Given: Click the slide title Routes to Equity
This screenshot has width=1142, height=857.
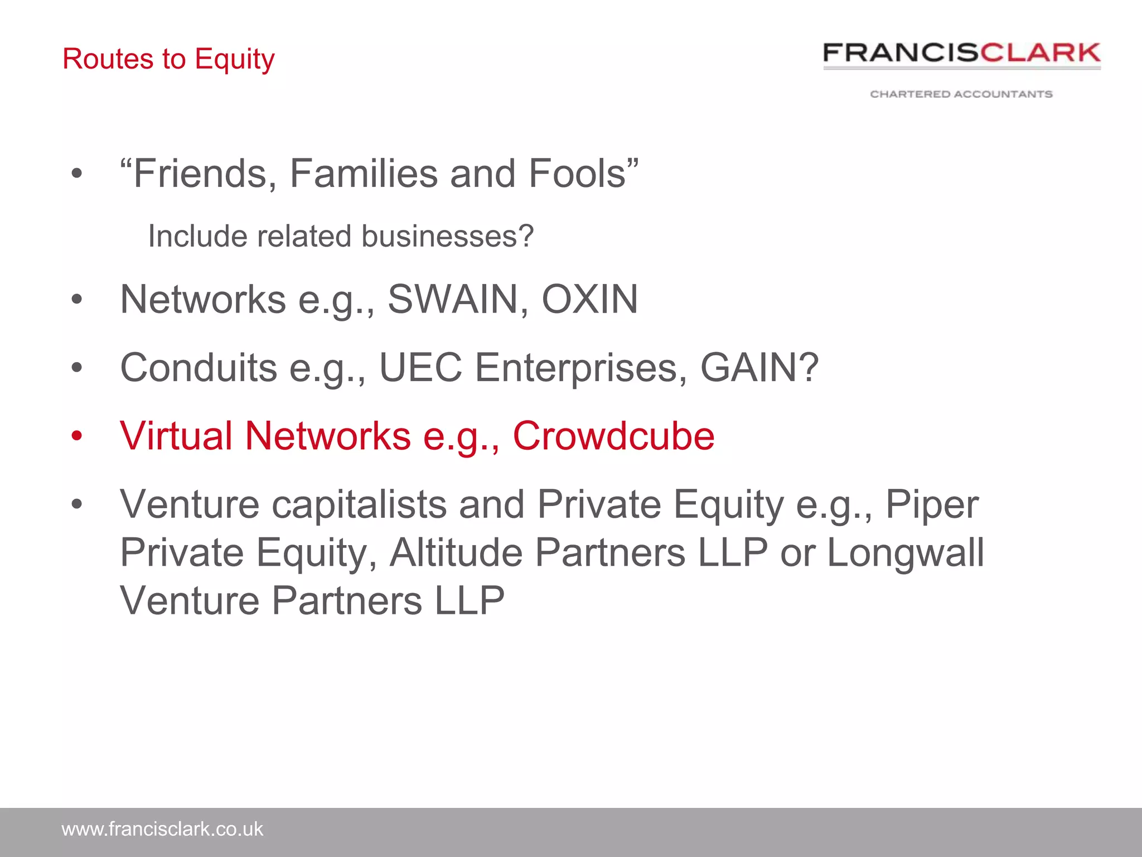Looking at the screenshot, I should [x=168, y=59].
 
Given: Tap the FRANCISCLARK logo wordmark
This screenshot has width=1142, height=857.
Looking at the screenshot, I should [x=961, y=54].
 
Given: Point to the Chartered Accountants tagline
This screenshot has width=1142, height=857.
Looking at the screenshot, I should [x=961, y=94].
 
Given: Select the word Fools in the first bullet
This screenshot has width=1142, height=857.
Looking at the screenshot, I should [x=577, y=174].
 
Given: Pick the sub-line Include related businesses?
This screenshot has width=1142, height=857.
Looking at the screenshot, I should [x=341, y=236].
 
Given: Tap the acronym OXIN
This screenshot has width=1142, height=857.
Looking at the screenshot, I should [x=589, y=299].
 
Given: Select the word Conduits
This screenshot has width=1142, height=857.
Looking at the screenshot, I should [x=199, y=368].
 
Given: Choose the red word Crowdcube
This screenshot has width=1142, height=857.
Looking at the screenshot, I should [x=613, y=436].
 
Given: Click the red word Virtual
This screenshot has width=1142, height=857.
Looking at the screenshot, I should [x=176, y=436].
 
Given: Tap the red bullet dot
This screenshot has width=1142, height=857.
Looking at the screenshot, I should [x=77, y=436].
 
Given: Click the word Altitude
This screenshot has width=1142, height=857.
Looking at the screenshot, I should [x=456, y=553].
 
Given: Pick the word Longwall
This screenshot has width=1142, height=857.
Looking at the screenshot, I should [x=905, y=553].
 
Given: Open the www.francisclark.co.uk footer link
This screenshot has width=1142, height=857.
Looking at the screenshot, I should [x=162, y=829].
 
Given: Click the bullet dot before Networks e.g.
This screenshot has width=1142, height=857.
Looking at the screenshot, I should [x=77, y=300].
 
